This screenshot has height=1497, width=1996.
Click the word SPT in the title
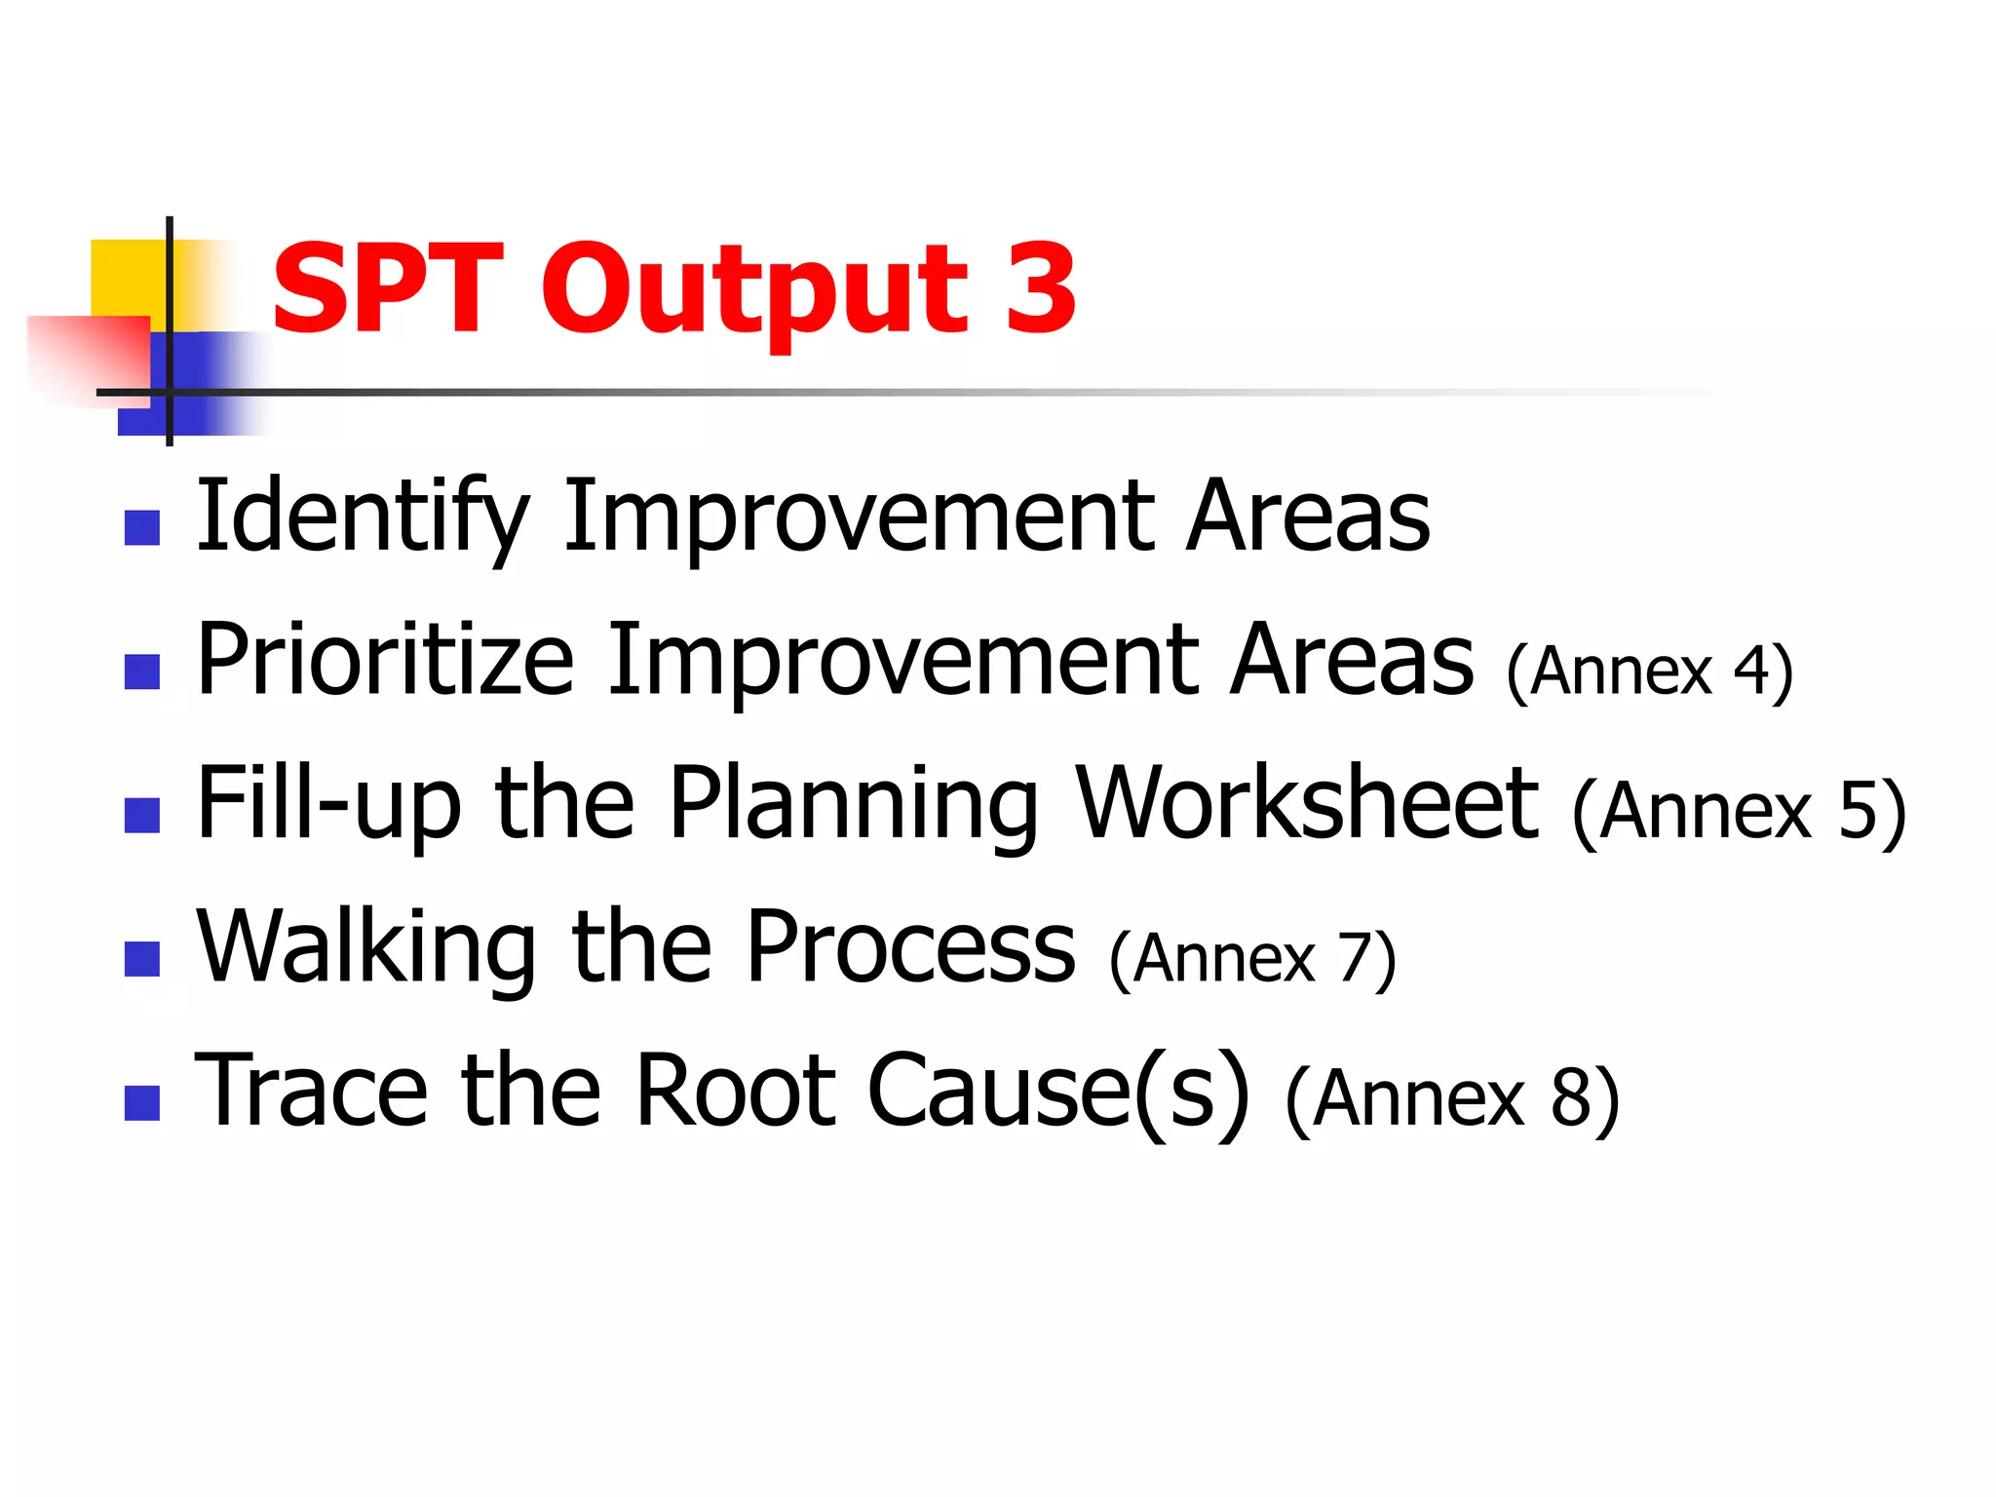pos(387,288)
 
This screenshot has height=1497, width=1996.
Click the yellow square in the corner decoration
pos(128,277)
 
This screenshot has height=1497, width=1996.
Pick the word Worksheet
pos(1306,804)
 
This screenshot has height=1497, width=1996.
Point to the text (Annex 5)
pos(1739,812)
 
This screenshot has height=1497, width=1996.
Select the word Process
pos(911,948)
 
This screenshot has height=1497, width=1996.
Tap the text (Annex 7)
pos(1252,959)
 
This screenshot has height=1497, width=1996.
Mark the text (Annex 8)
pos(1452,1099)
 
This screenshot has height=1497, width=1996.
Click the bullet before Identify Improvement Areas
pos(142,528)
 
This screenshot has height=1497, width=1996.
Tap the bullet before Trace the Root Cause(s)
pos(142,1103)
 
